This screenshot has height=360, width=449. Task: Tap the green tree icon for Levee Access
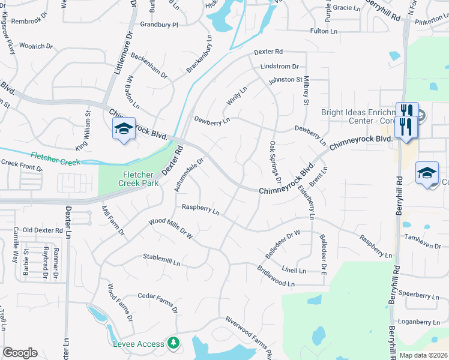[173, 343]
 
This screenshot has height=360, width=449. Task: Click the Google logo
[20, 353]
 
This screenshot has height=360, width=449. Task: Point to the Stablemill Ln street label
[161, 260]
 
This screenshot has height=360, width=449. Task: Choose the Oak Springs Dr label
[276, 162]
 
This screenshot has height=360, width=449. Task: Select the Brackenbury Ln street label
[199, 55]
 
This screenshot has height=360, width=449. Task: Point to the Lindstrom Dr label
[279, 67]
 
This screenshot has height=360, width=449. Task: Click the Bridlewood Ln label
[276, 277]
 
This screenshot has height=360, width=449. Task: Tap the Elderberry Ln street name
[306, 201]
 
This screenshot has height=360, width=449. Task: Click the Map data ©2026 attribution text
[424, 356]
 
